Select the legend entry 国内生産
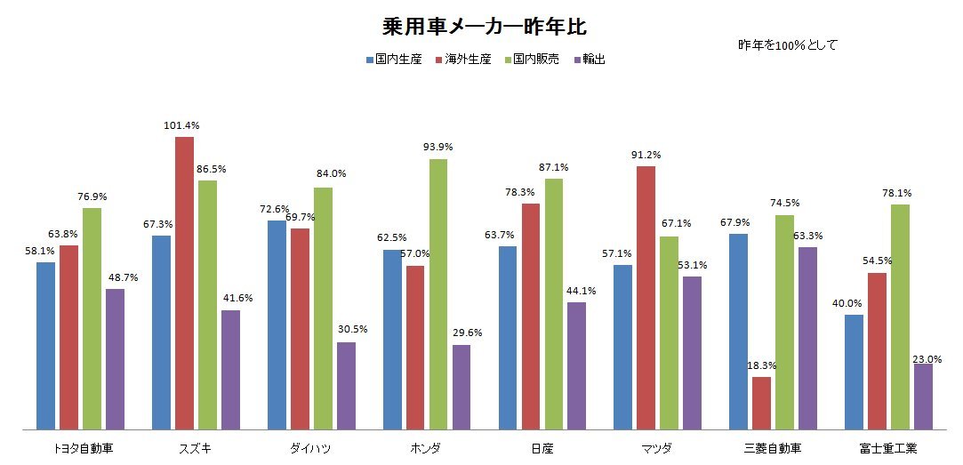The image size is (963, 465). (393, 60)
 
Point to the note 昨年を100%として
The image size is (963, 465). (788, 44)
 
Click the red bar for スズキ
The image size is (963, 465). (184, 283)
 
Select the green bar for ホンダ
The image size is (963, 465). (438, 294)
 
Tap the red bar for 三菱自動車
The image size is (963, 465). (761, 403)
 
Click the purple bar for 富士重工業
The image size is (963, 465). (923, 396)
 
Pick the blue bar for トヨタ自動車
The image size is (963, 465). (45, 346)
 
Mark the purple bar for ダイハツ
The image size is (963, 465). (346, 386)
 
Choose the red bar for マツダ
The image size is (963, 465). (646, 298)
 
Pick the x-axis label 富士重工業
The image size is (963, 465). (888, 447)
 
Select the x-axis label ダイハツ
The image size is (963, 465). (310, 447)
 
